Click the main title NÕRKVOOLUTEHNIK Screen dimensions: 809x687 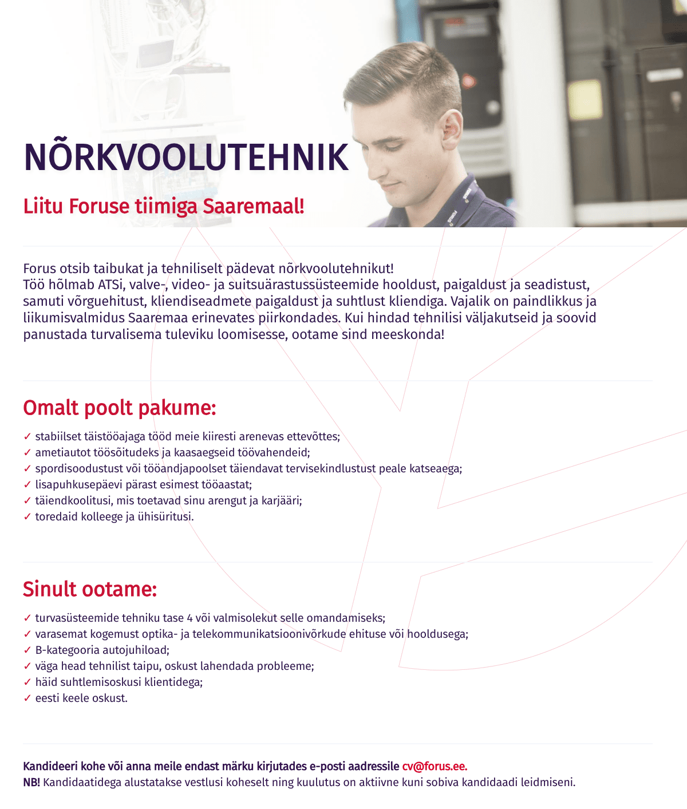(x=186, y=157)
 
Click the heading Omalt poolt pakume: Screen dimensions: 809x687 (x=120, y=408)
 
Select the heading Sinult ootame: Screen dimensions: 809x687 (x=90, y=589)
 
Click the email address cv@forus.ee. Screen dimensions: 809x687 (x=435, y=767)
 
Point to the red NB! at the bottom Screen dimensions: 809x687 (x=31, y=783)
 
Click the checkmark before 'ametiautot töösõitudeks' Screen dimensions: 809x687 (x=27, y=453)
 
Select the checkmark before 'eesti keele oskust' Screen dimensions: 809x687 (x=27, y=698)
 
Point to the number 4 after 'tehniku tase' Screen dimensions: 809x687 (x=189, y=618)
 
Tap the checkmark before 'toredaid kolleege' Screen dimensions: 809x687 (x=27, y=517)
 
